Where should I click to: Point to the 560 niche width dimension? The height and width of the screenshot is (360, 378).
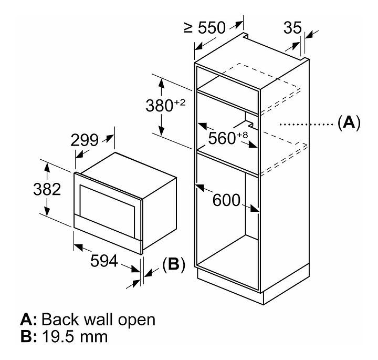click(x=222, y=138)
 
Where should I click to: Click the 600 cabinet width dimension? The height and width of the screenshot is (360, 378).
click(x=226, y=200)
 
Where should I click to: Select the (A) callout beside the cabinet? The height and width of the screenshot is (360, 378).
click(x=349, y=124)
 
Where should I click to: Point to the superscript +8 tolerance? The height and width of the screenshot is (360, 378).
click(x=241, y=135)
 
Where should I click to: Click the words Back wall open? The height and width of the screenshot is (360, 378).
click(x=98, y=319)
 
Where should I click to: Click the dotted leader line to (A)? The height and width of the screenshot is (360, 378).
click(x=304, y=125)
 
